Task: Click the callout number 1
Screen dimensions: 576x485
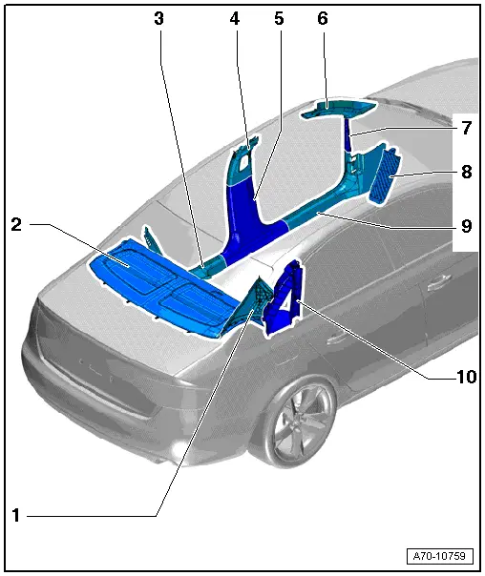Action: coord(16,515)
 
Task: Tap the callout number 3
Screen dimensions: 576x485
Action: coord(159,19)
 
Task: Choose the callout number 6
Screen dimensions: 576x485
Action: coord(323,19)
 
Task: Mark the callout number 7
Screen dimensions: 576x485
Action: coord(467,127)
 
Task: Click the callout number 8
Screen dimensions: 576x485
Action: coord(467,174)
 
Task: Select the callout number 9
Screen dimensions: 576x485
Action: coord(467,226)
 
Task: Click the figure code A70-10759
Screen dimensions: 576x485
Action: coord(438,554)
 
